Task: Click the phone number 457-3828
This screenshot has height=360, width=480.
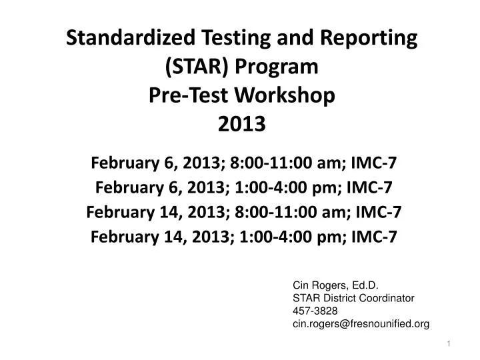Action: [x=315, y=311]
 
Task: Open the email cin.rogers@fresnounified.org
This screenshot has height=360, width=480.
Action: [x=361, y=323]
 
